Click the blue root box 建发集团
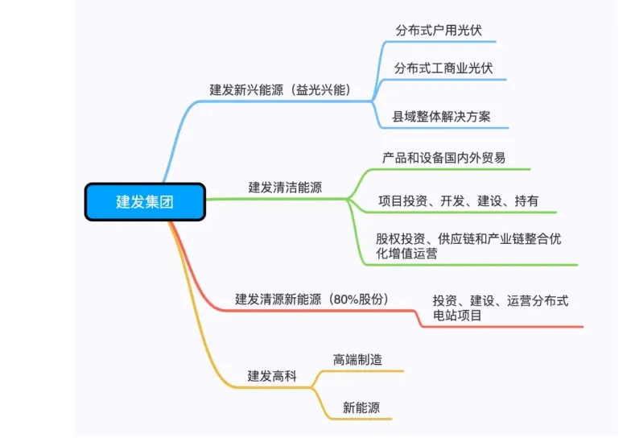145,201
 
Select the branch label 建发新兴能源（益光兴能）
280,90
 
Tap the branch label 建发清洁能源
285,187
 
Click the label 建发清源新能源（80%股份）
311,299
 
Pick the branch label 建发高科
272,376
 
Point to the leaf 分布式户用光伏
438,31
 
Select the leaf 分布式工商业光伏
443,68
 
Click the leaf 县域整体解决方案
441,116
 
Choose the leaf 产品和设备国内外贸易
443,158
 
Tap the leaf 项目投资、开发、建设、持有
458,200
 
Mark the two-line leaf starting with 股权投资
468,246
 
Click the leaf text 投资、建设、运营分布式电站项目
501,308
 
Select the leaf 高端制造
357,359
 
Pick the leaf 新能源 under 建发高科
361,407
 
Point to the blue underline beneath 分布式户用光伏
440,42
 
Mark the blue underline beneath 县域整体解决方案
444,128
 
